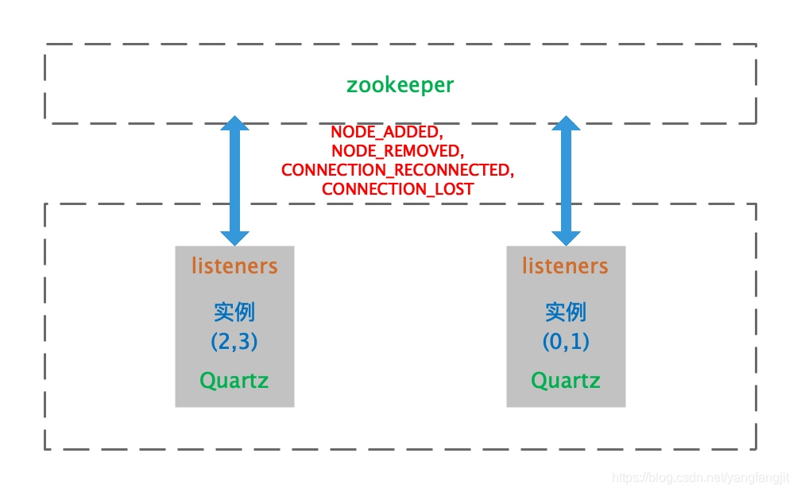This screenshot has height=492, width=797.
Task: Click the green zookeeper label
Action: (400, 85)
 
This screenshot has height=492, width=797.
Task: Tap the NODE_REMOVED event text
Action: (397, 151)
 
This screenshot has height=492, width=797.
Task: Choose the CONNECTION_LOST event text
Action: (397, 189)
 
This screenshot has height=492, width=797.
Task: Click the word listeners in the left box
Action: (234, 265)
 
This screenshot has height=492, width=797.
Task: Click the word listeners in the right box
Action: (565, 265)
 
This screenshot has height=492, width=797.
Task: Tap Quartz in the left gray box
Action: (234, 381)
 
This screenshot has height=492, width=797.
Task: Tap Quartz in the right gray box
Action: (565, 381)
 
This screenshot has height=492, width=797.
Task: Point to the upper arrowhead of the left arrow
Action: (234, 123)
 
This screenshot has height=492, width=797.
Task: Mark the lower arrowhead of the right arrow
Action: (566, 237)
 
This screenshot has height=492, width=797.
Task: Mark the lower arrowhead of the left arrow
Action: (234, 237)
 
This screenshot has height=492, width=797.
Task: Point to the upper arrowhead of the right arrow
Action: (566, 123)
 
